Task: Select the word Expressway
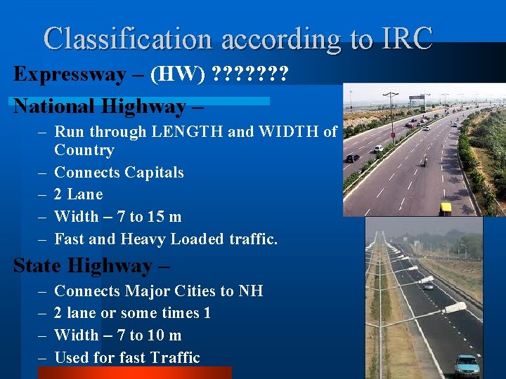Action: [x=69, y=74]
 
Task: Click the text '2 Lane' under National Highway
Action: [x=78, y=194]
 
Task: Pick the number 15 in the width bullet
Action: [x=158, y=217]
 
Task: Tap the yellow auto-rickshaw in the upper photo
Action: [x=446, y=208]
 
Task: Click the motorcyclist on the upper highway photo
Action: [x=424, y=161]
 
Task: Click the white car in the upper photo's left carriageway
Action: [x=378, y=148]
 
